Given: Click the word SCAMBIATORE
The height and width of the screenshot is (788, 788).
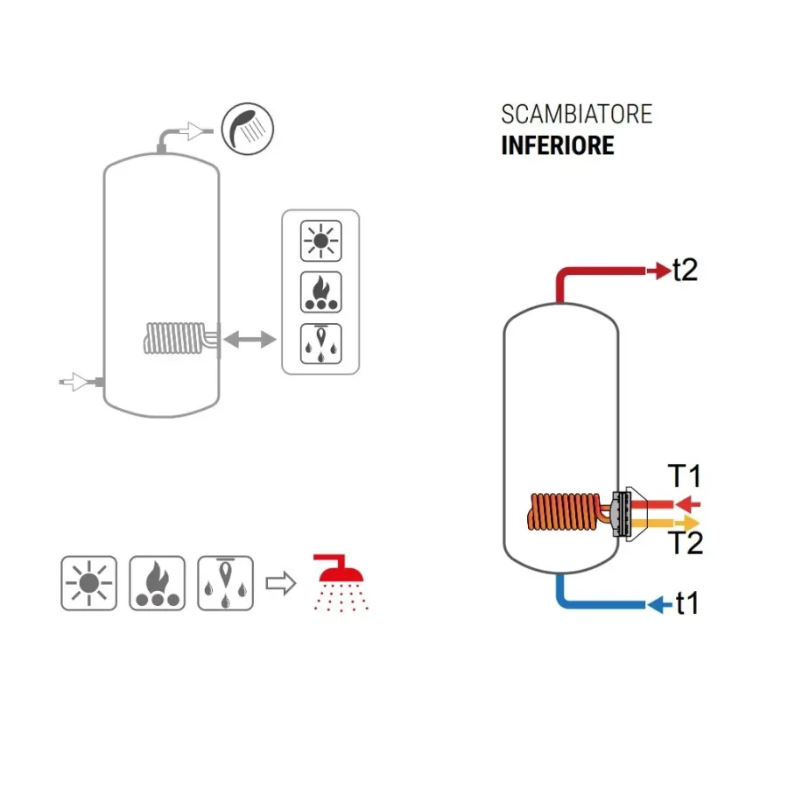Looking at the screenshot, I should coord(576,115).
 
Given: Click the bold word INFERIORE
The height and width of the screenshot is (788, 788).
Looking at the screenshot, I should coord(557,145).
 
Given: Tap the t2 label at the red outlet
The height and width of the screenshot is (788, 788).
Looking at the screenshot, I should coord(685,271).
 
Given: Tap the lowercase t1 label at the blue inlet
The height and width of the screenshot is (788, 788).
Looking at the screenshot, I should coord(686,603).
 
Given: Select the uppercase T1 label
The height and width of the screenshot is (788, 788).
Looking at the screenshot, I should coord(686,477).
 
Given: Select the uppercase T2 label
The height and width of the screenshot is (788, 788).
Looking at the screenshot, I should coord(686,544).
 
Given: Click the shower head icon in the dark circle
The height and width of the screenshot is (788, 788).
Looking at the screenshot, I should coord(247,128).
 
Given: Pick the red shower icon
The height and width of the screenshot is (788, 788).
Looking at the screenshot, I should coord(341,580).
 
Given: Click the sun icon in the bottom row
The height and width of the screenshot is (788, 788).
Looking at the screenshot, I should coord(88,582).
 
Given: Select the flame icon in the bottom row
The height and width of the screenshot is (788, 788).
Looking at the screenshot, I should coord(157,582).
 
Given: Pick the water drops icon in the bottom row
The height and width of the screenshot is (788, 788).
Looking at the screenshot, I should coord(226,582).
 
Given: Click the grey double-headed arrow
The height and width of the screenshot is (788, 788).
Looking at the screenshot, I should coord(250,339).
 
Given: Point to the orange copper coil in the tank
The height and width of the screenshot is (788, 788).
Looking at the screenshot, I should coord(565,512).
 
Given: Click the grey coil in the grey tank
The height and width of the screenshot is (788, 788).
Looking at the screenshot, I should coord(175,338).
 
